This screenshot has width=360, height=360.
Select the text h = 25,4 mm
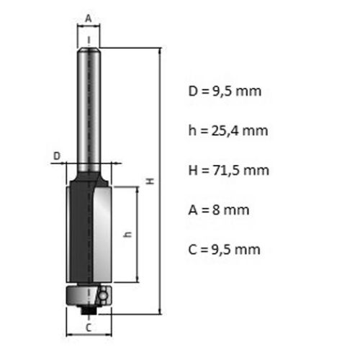point(227,131)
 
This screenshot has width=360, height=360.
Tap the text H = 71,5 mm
point(227,171)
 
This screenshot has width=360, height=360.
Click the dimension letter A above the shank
point(89,17)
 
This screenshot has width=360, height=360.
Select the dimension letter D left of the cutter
point(56,154)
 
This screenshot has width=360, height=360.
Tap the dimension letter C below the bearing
point(88,328)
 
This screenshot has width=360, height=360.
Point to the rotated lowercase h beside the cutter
point(127,235)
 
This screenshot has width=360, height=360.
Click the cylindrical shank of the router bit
point(89,108)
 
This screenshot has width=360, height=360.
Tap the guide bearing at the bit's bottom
point(86,294)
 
